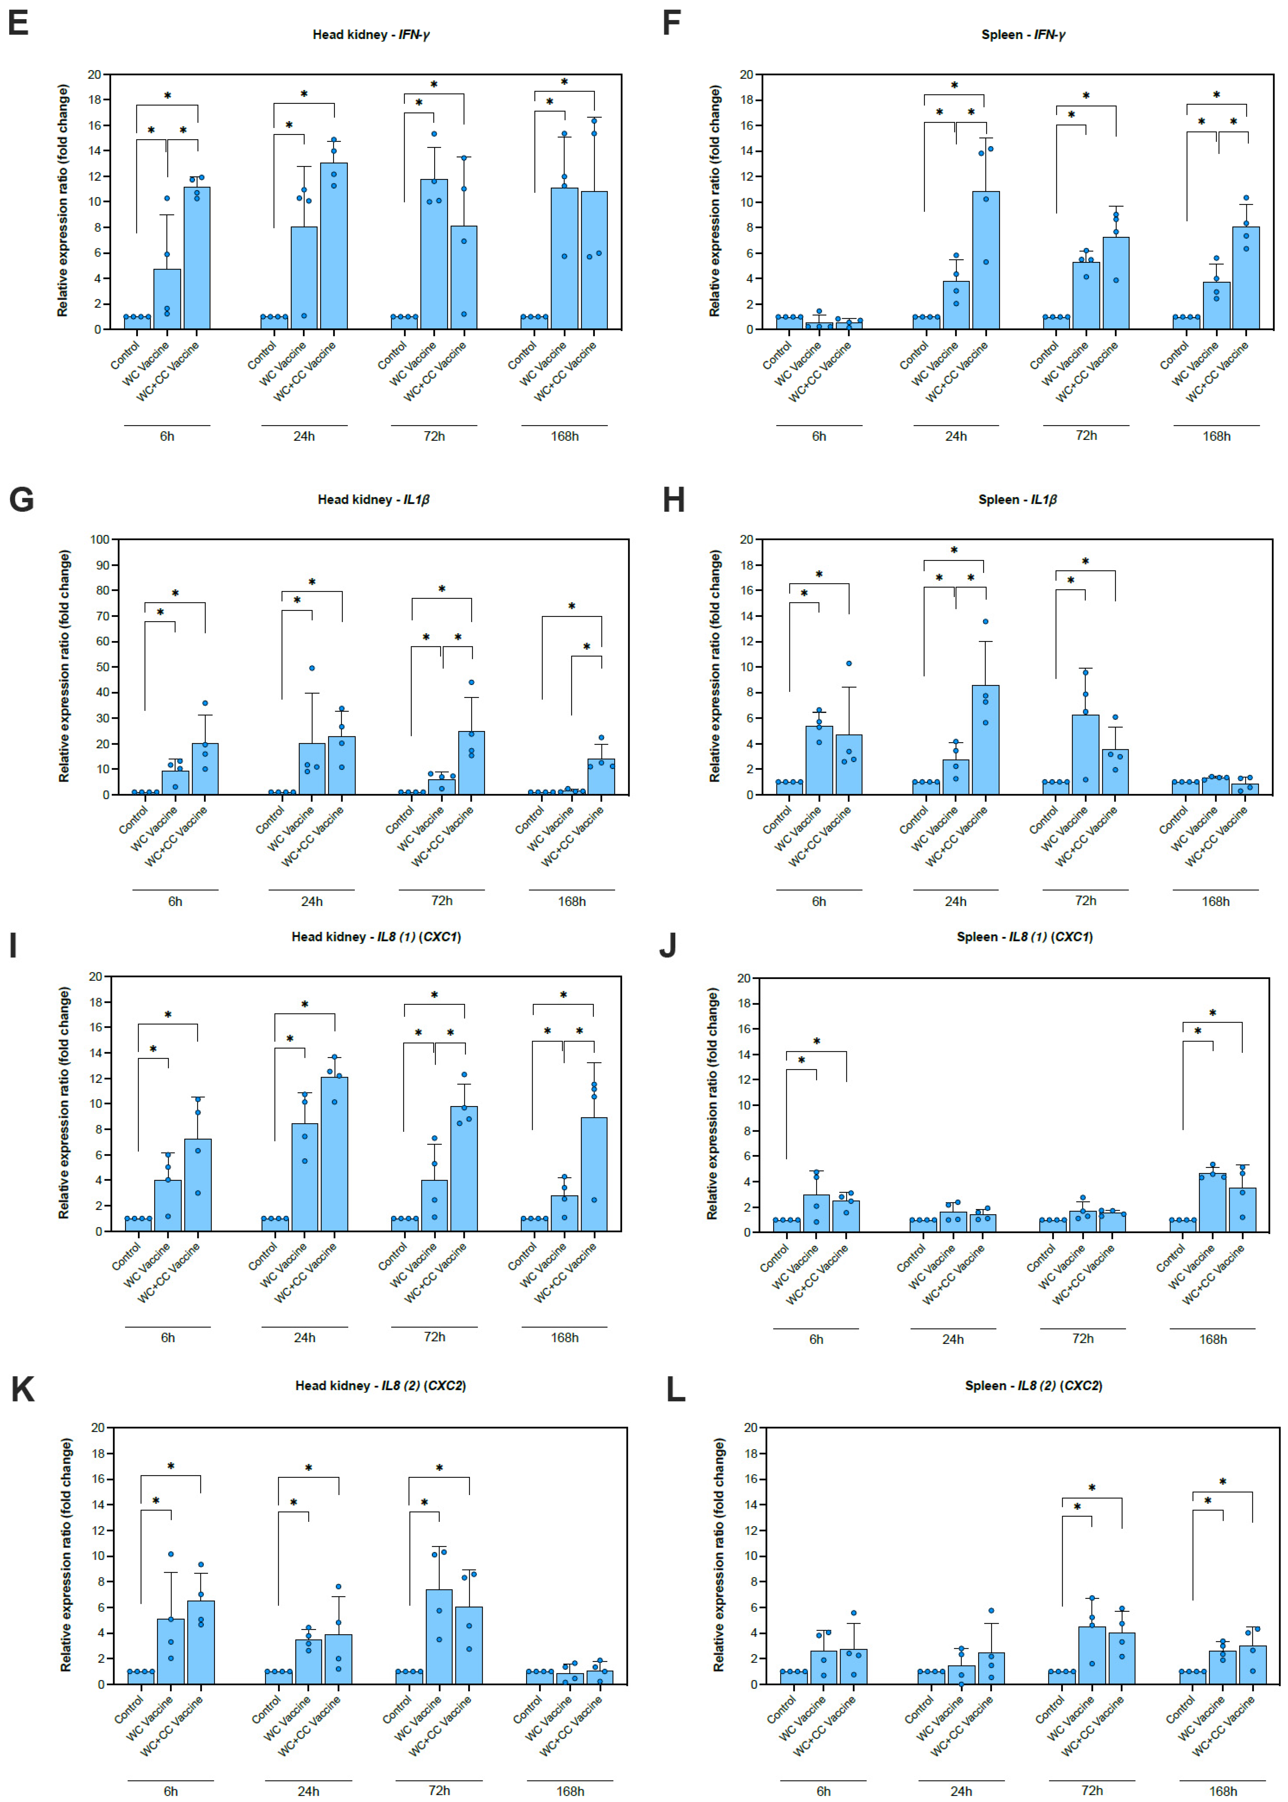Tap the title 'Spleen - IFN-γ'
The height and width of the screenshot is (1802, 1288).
(x=1023, y=35)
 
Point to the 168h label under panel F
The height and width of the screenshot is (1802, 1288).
(x=1216, y=436)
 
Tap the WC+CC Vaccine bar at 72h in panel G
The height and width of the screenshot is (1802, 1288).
(x=471, y=763)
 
